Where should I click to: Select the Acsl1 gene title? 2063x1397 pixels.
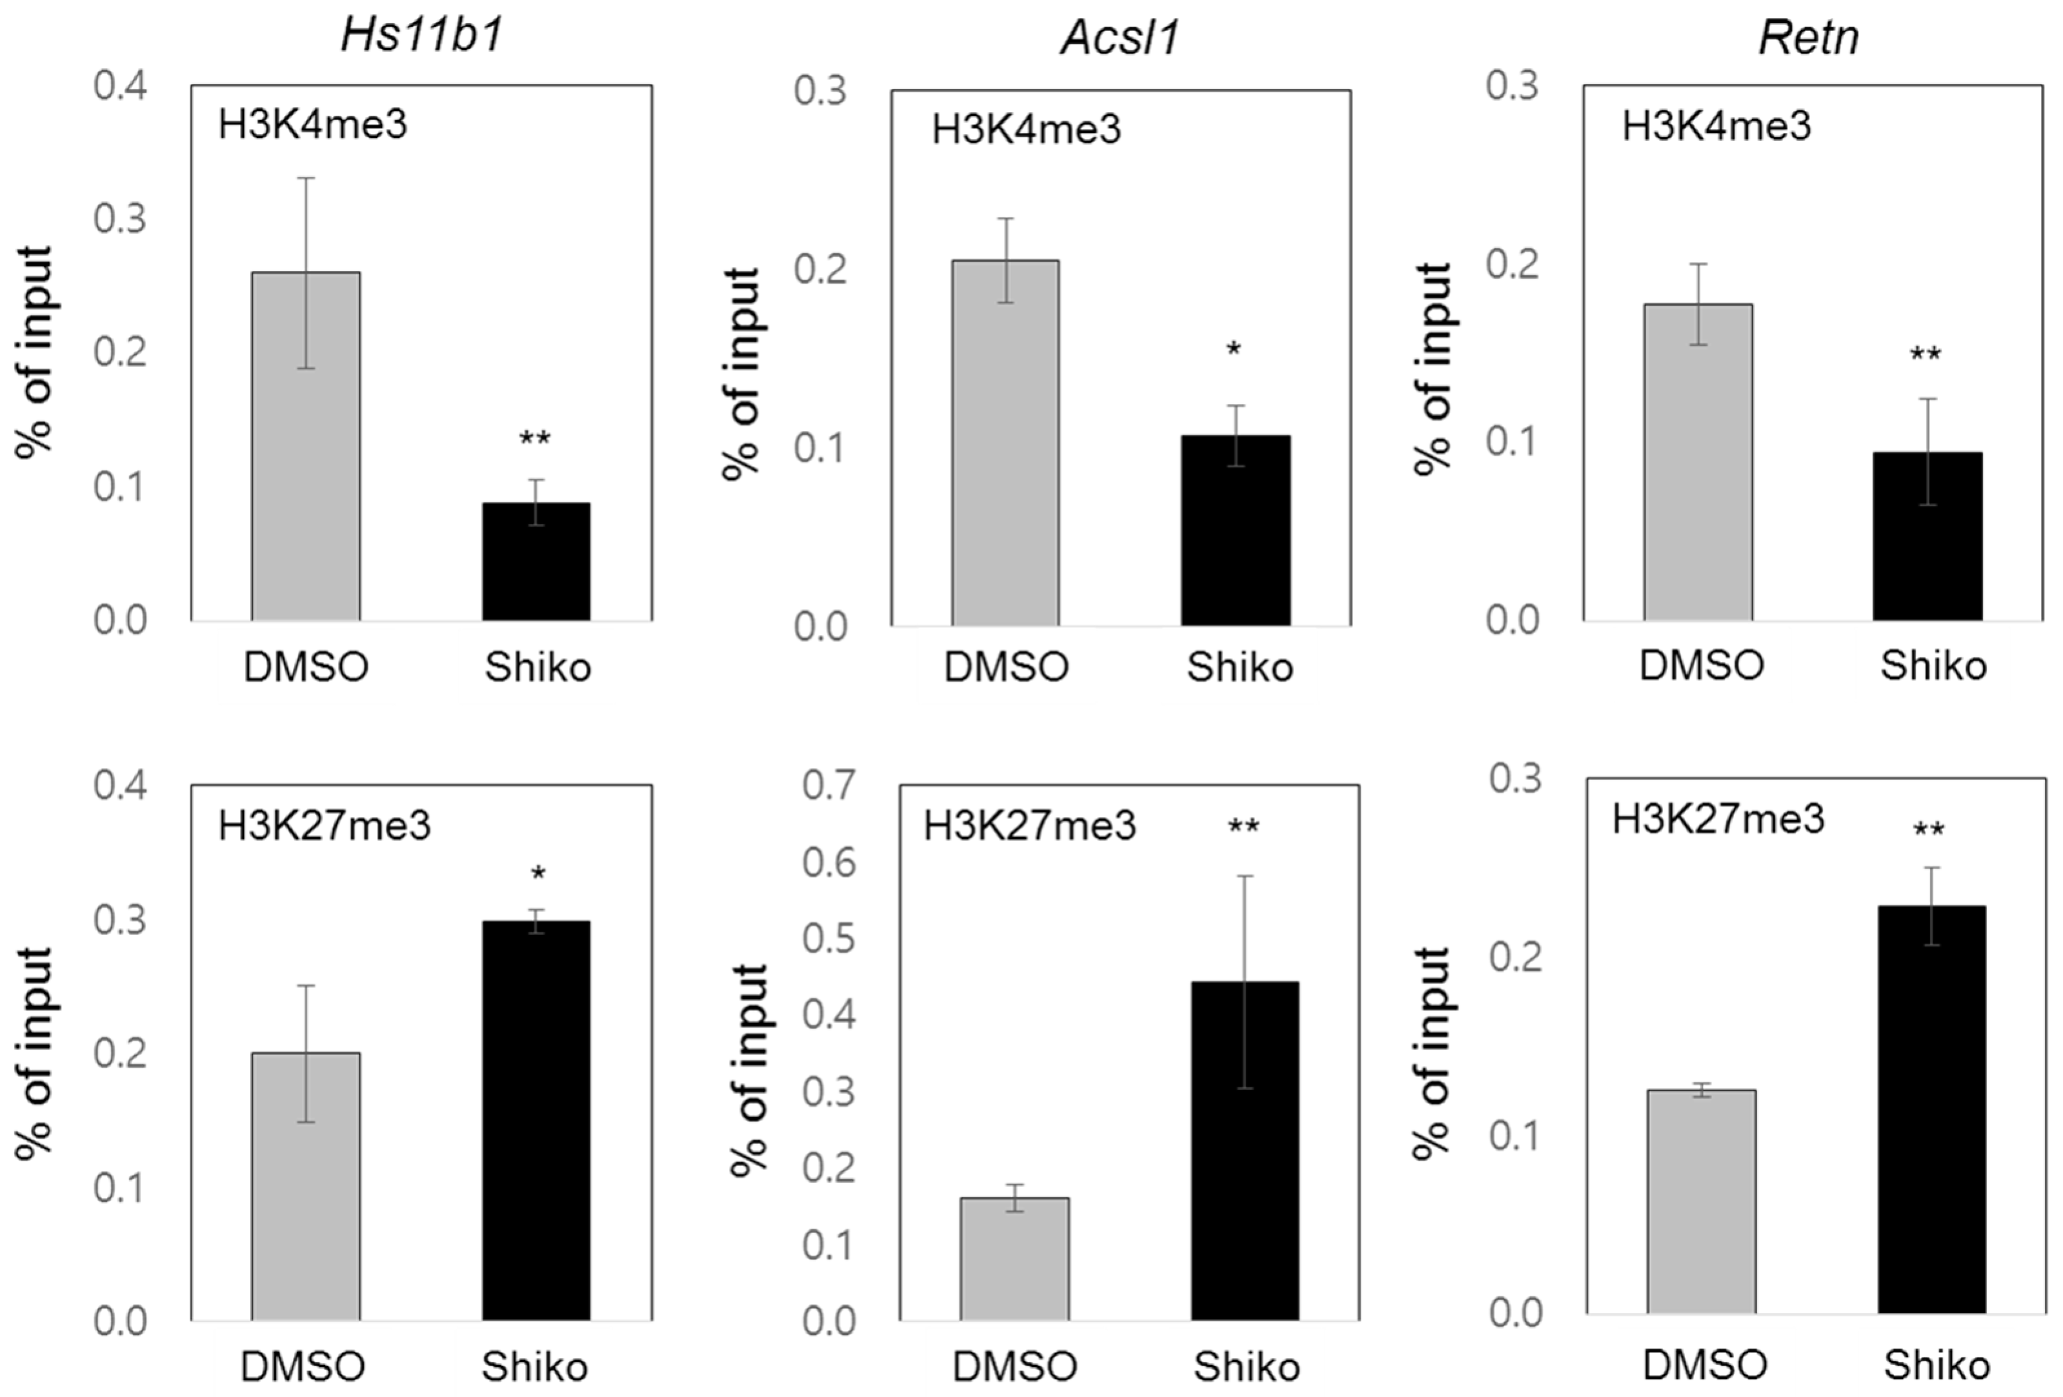[x=1120, y=38]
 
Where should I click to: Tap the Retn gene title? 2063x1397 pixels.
[x=1808, y=38]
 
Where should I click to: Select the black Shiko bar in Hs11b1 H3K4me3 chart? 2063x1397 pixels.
[x=536, y=561]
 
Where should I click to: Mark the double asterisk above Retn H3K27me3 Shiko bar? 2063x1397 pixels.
[x=1928, y=830]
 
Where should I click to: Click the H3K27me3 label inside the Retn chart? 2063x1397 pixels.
[x=1718, y=818]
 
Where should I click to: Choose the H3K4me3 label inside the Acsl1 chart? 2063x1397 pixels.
[x=1025, y=130]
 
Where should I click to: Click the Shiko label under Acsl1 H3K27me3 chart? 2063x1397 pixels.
[x=1245, y=1366]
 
